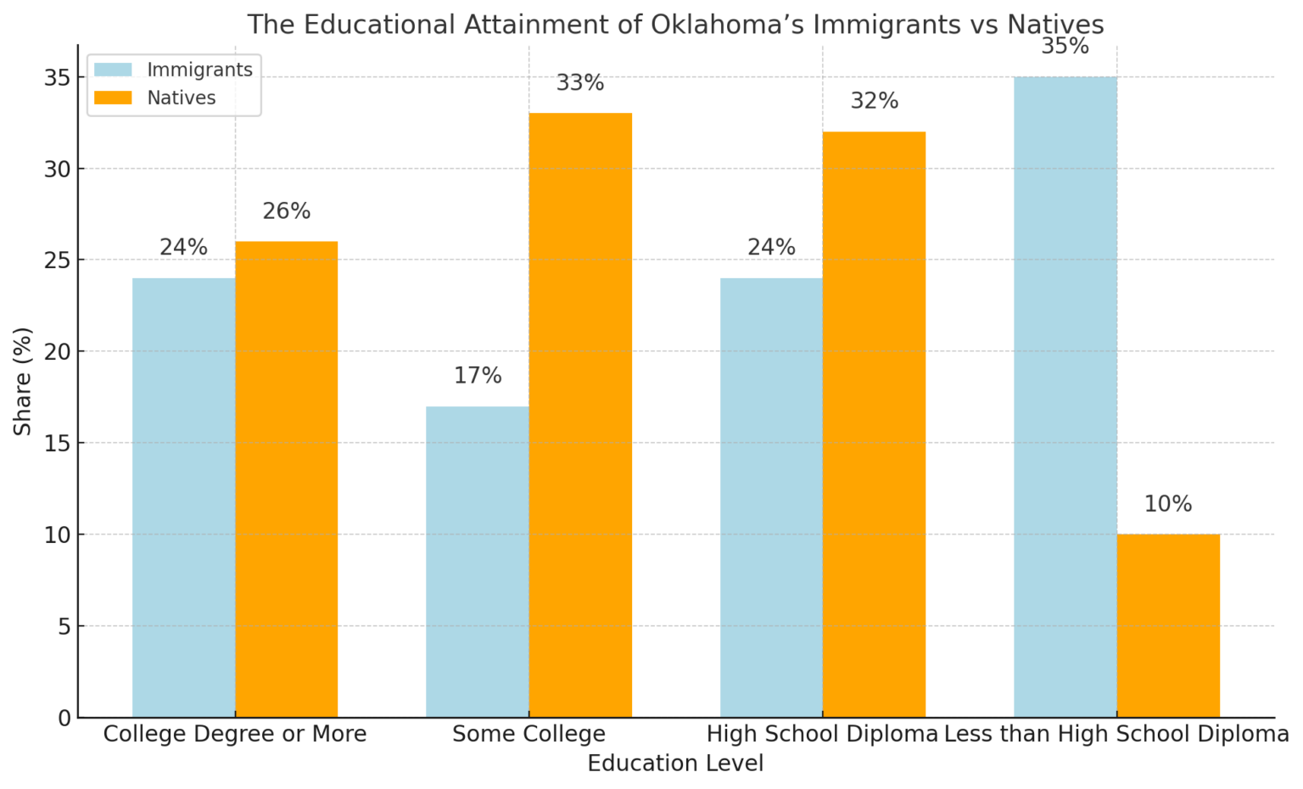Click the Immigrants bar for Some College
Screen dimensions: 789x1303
[478, 562]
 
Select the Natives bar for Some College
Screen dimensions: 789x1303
[580, 415]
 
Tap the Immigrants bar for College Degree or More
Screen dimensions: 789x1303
[183, 498]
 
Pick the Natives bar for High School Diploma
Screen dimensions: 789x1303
[874, 424]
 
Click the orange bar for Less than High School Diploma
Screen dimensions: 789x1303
[1168, 625]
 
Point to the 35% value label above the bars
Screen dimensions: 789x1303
[1065, 47]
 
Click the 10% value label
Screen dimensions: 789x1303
[1168, 505]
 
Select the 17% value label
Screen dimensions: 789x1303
[478, 376]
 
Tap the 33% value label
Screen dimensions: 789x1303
[580, 83]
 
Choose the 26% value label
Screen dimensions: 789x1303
[287, 211]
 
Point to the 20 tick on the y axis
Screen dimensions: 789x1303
[60, 351]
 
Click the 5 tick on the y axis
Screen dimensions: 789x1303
[65, 626]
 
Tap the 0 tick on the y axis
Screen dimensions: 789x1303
[65, 718]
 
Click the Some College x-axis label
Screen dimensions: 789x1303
[528, 734]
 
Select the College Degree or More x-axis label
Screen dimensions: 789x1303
[235, 734]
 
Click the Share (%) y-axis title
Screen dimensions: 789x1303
[23, 381]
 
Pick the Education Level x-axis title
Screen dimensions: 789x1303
[675, 764]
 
